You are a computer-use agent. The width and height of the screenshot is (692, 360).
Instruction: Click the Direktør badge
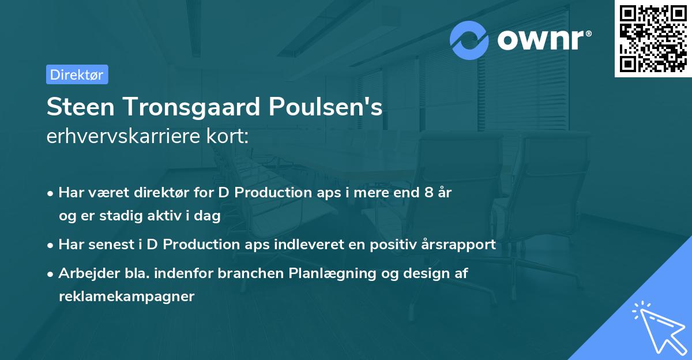tap(77, 74)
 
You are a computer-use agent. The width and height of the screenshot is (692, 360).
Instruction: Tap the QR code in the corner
tap(653, 38)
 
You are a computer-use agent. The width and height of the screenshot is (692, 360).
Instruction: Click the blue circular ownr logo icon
tap(469, 40)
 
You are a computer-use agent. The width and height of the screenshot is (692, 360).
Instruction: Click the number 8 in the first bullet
tap(428, 193)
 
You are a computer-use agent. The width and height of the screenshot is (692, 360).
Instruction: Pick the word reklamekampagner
tap(126, 297)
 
